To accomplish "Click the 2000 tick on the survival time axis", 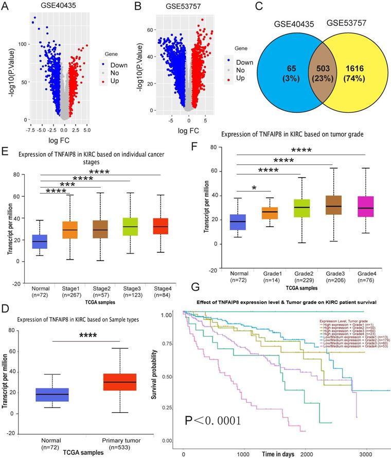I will (x=306, y=455).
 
